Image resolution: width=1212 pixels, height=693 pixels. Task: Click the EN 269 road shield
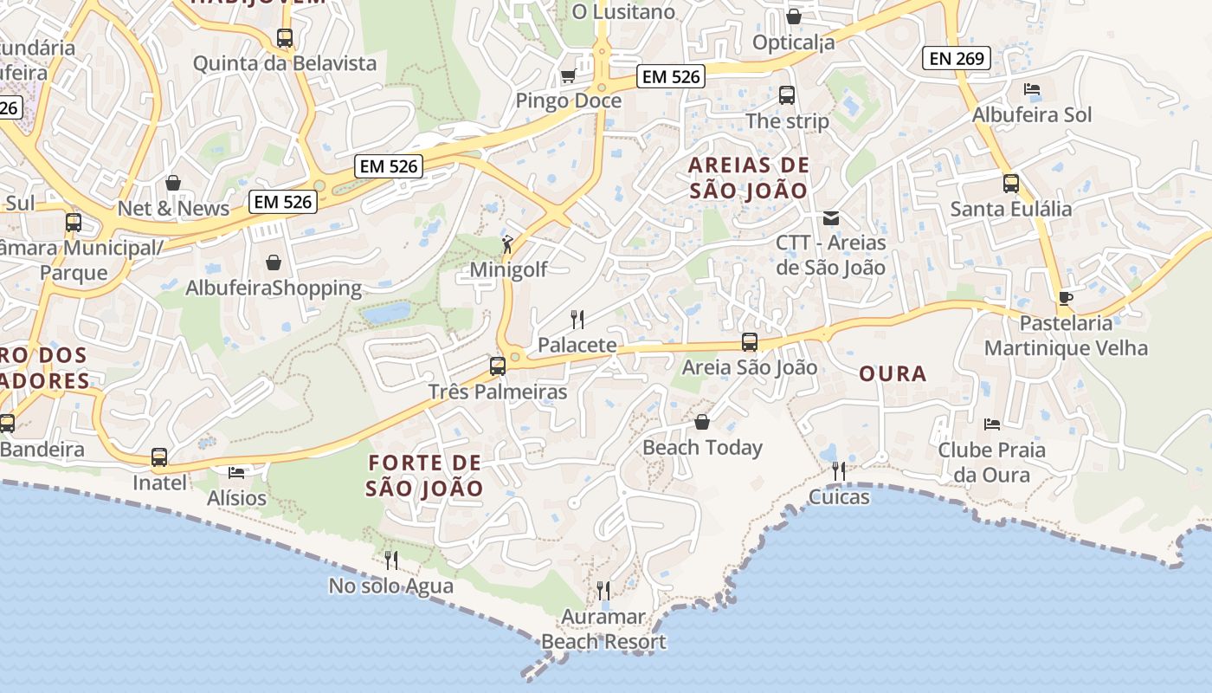click(x=957, y=58)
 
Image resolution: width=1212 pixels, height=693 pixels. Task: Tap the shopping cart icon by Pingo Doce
click(x=568, y=76)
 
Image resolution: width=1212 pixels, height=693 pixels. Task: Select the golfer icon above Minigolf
click(x=507, y=244)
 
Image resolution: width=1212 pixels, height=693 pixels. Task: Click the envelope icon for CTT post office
click(x=831, y=218)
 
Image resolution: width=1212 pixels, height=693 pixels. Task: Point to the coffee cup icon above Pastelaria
click(x=1066, y=298)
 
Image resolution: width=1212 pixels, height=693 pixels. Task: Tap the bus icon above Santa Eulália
click(x=1010, y=183)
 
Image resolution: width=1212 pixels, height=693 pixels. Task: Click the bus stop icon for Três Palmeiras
click(x=497, y=366)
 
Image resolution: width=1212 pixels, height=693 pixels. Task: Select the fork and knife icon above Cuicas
click(x=838, y=470)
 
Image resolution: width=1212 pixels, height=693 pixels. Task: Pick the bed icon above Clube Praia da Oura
click(x=992, y=424)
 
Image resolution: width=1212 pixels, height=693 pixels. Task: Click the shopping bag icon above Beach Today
click(x=702, y=422)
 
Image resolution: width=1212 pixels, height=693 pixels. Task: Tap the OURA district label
click(x=893, y=374)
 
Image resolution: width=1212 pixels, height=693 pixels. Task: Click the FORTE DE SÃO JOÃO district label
click(x=424, y=476)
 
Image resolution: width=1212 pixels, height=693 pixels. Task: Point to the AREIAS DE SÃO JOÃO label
click(x=750, y=178)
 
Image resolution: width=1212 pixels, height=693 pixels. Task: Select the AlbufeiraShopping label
click(x=274, y=288)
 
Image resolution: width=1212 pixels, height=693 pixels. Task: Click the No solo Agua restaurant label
click(x=390, y=586)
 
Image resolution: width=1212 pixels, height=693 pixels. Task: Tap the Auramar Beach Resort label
click(x=603, y=629)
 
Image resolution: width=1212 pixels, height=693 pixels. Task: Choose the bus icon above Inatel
click(x=159, y=457)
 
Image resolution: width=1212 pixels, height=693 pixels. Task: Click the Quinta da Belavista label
click(x=285, y=63)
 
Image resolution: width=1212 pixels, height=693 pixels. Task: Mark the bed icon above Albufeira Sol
click(x=1031, y=89)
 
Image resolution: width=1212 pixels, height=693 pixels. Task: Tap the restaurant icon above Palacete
click(x=577, y=320)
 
